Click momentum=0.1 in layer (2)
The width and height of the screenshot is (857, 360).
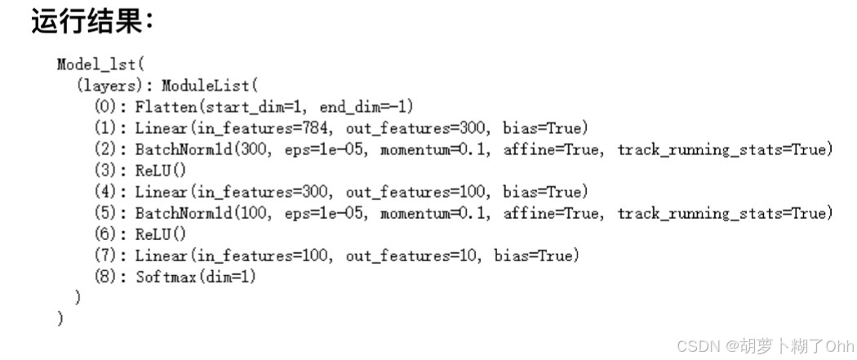coord(435,149)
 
